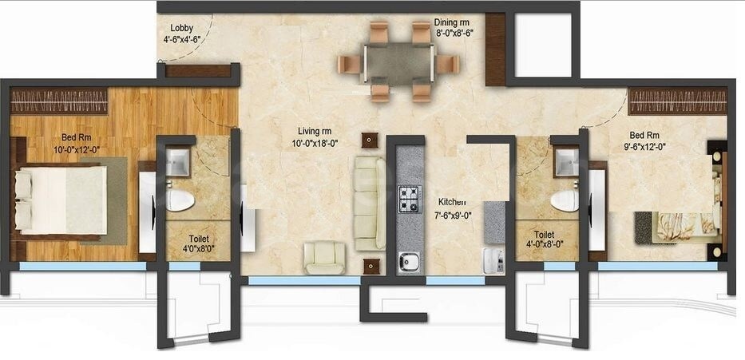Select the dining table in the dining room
click(397, 61)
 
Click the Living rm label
click(311, 132)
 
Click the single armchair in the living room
click(324, 257)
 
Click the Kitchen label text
click(450, 203)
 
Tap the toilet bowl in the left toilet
click(180, 200)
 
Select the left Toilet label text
click(200, 238)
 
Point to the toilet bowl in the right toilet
click(565, 200)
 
